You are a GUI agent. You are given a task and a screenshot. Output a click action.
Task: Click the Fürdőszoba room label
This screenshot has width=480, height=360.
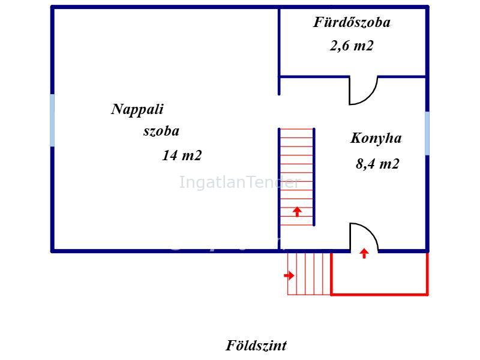click(x=352, y=23)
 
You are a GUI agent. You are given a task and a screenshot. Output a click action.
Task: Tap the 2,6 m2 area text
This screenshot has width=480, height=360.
click(x=352, y=46)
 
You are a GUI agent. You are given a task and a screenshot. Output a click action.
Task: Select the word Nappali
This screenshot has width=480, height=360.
click(x=137, y=110)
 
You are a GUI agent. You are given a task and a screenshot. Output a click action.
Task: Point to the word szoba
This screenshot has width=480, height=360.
click(x=161, y=131)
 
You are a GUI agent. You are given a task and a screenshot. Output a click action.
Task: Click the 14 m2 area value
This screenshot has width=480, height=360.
click(x=182, y=155)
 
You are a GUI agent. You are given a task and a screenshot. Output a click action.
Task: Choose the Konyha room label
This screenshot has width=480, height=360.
click(x=376, y=139)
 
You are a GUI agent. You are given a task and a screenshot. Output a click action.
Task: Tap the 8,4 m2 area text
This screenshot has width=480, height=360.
click(x=377, y=164)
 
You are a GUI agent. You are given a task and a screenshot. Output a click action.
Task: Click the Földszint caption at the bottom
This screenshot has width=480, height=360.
click(x=256, y=346)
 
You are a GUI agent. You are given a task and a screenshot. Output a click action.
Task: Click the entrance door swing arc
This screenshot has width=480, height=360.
click(x=371, y=231)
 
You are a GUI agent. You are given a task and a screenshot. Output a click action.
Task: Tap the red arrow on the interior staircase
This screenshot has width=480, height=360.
click(x=297, y=212)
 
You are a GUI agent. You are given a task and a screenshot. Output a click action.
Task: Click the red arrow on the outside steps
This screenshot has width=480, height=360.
click(x=289, y=275)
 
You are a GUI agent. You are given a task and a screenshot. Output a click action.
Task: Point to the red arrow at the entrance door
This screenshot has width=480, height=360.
click(x=364, y=253)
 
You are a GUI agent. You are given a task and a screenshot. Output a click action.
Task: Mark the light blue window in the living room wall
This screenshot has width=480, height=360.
click(x=52, y=121)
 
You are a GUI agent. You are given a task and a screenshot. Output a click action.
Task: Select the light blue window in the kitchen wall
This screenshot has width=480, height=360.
click(x=427, y=133)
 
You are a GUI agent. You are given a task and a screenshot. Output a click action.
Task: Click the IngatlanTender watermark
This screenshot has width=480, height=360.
click(x=239, y=182)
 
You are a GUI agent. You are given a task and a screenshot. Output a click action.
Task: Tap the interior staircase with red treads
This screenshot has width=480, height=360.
click(x=296, y=177)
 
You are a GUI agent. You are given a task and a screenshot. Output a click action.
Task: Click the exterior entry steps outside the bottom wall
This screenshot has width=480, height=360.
click(x=309, y=274)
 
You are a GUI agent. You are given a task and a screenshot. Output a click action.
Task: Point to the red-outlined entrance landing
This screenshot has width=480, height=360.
click(x=380, y=274)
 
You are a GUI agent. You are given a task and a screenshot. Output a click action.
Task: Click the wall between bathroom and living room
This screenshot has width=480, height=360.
click(x=279, y=51)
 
